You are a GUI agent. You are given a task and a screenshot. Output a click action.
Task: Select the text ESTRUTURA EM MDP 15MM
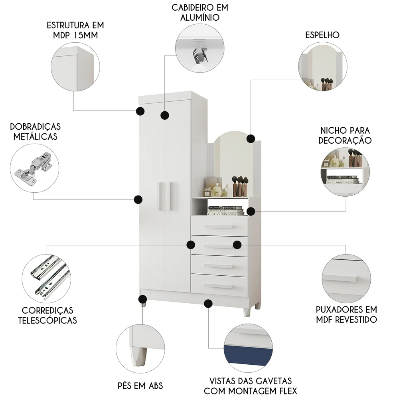click(x=75, y=30)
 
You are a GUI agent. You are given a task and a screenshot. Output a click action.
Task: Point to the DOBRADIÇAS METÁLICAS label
click(x=36, y=131)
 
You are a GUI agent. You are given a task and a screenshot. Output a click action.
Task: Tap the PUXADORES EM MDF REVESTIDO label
click(x=346, y=314)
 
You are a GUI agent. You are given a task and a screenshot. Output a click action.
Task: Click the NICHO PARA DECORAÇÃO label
click(x=346, y=135)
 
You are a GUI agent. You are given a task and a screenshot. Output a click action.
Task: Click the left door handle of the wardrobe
click(x=160, y=196)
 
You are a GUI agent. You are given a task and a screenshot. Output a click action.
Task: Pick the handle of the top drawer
click(x=218, y=226)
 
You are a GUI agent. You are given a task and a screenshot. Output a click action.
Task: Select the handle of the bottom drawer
click(x=218, y=286)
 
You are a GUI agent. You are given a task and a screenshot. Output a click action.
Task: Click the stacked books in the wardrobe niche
click(x=225, y=211)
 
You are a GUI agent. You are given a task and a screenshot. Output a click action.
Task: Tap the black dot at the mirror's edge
click(x=251, y=138)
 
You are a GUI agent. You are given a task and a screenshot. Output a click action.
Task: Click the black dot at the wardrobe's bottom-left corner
click(x=142, y=299)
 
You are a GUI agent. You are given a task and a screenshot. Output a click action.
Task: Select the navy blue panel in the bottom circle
click(x=247, y=354)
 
